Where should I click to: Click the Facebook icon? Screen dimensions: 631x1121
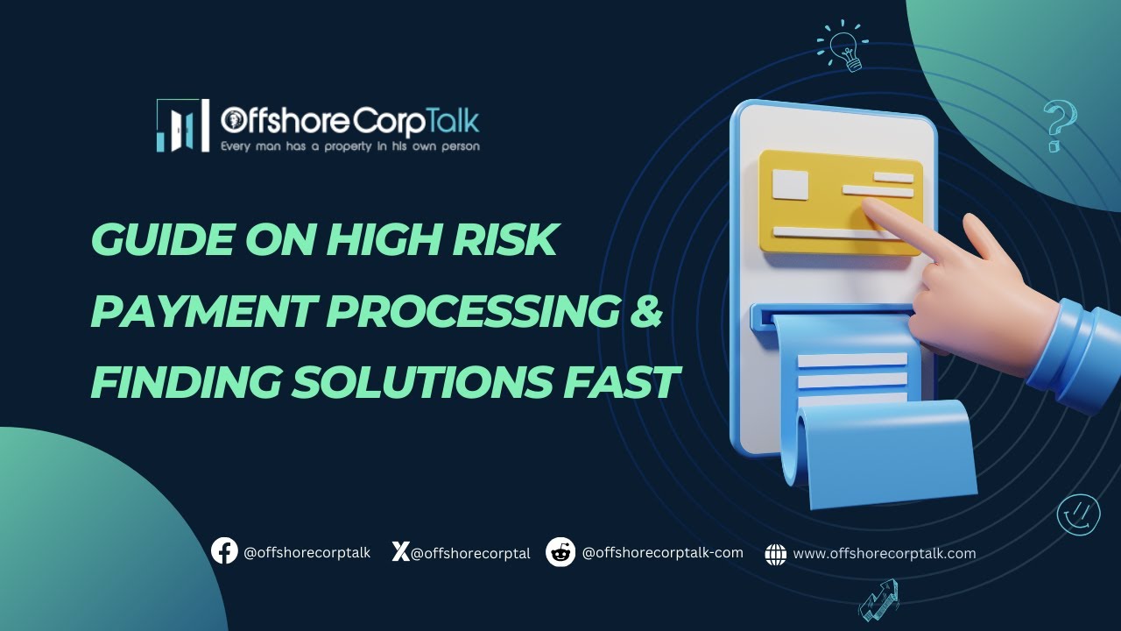coord(224,551)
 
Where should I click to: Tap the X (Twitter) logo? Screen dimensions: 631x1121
coord(400,552)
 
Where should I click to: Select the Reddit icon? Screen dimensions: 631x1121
coord(560,552)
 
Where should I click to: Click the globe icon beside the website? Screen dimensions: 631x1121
coord(775,554)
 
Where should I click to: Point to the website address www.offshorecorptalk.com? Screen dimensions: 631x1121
coord(884,554)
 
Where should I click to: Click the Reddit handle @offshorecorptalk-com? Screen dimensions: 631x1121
coord(662,553)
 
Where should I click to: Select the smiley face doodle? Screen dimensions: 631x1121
coord(1078,514)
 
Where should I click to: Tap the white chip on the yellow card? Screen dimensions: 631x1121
coord(790,184)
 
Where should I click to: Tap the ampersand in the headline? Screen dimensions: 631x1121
coord(646,312)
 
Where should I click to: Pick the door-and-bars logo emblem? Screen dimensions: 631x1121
coord(182,125)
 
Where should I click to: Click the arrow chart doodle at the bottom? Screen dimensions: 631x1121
coord(879,601)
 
